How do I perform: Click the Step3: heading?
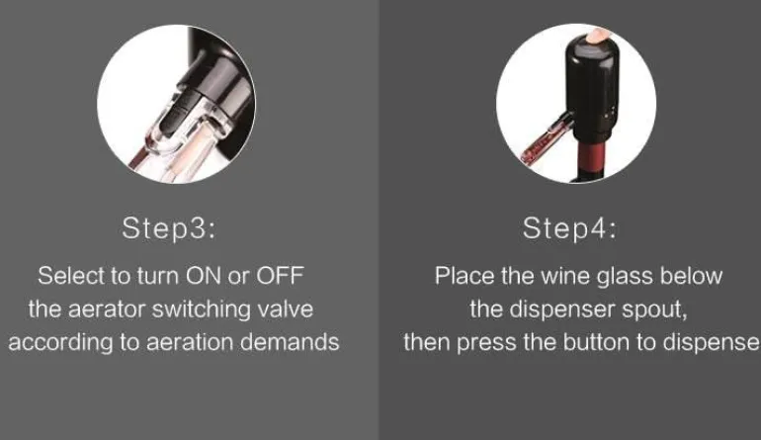tap(168, 227)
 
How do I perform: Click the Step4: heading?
tap(569, 227)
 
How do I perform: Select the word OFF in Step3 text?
tap(280, 276)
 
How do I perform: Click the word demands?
tap(290, 342)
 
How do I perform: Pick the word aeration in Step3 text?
tap(190, 342)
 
